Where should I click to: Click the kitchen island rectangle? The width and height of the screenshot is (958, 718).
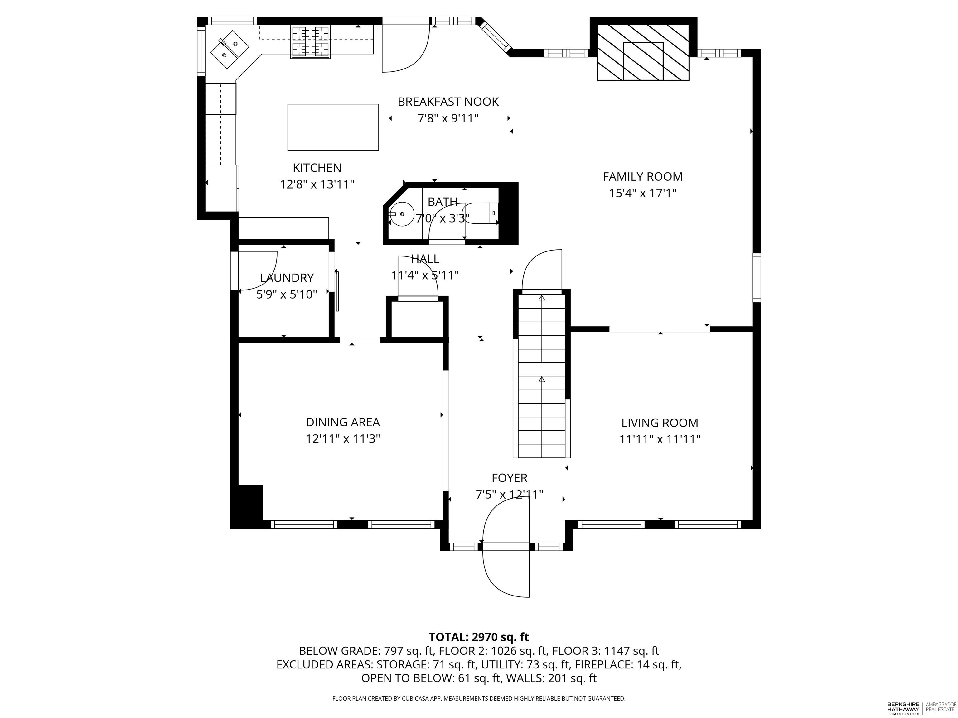pos(333,127)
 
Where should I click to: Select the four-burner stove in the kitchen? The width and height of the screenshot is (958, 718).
pos(310,42)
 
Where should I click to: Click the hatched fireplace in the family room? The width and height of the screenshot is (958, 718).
pos(643,52)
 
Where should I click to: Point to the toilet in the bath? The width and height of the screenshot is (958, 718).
pos(481,213)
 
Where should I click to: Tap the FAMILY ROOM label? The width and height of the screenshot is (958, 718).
pos(643,177)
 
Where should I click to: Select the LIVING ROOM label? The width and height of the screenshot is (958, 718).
pos(660,423)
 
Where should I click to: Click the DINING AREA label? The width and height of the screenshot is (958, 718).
pos(343,422)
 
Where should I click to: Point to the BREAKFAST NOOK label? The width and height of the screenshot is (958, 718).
pos(448,102)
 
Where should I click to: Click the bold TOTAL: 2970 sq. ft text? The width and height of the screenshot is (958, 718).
pos(479,637)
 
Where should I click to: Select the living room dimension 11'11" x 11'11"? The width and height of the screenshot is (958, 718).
pos(660,440)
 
